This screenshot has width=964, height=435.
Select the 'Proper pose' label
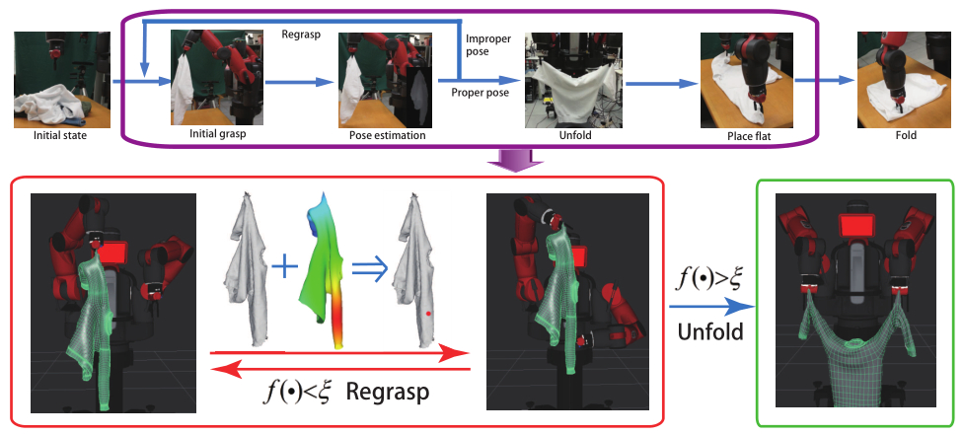click(x=482, y=92)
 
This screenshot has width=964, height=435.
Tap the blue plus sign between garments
click(x=283, y=265)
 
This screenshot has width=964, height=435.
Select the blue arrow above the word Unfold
click(x=711, y=305)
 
